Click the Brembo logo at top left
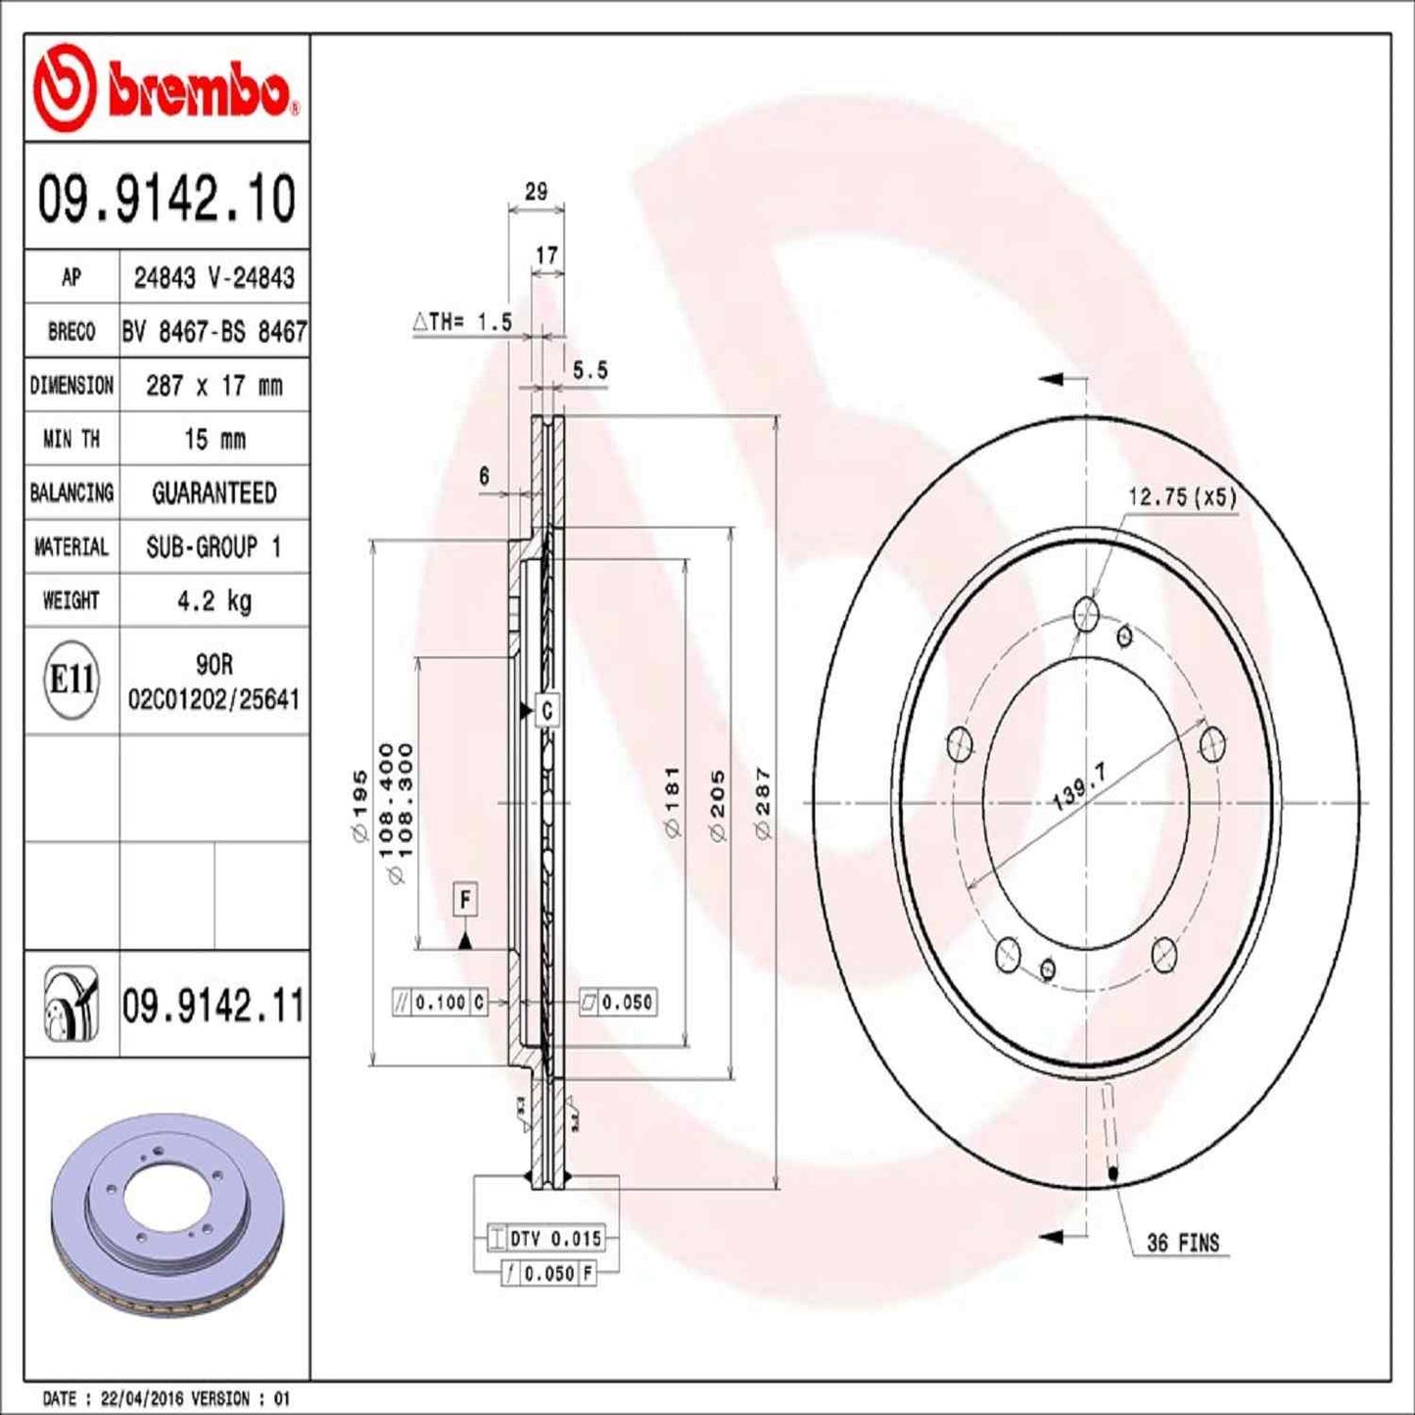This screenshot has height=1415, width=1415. [x=165, y=89]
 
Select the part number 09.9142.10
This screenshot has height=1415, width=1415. [x=166, y=199]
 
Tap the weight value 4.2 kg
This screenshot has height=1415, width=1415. [x=213, y=600]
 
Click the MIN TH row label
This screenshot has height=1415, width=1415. [x=71, y=439]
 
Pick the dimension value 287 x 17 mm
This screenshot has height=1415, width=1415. [x=213, y=386]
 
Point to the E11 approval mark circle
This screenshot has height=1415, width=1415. [x=71, y=680]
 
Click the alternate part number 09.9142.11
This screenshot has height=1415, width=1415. [x=212, y=1006]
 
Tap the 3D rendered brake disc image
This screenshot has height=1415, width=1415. [x=166, y=1214]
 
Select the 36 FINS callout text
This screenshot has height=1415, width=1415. [x=1182, y=1243]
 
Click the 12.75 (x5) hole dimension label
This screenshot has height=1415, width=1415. [x=1181, y=497]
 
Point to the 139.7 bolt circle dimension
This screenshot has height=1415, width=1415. [x=1078, y=787]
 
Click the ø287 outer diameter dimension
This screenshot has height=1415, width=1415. [x=763, y=803]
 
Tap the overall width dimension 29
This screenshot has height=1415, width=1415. [x=536, y=192]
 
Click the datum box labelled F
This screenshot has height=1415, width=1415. [x=465, y=899]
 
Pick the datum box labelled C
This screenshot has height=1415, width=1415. [x=546, y=711]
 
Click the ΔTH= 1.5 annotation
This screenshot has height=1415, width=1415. [x=462, y=321]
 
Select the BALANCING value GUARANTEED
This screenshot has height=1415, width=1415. [x=213, y=493]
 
